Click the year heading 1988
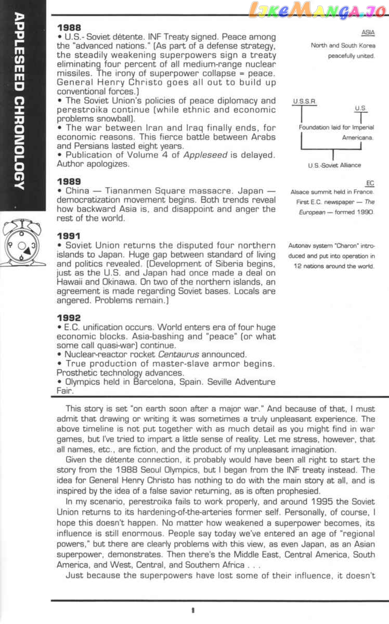(69, 27)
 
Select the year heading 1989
(69, 181)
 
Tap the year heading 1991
(69, 236)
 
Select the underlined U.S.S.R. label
(305, 102)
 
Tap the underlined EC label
(370, 183)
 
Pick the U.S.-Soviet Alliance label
(334, 165)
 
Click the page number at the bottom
(192, 611)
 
